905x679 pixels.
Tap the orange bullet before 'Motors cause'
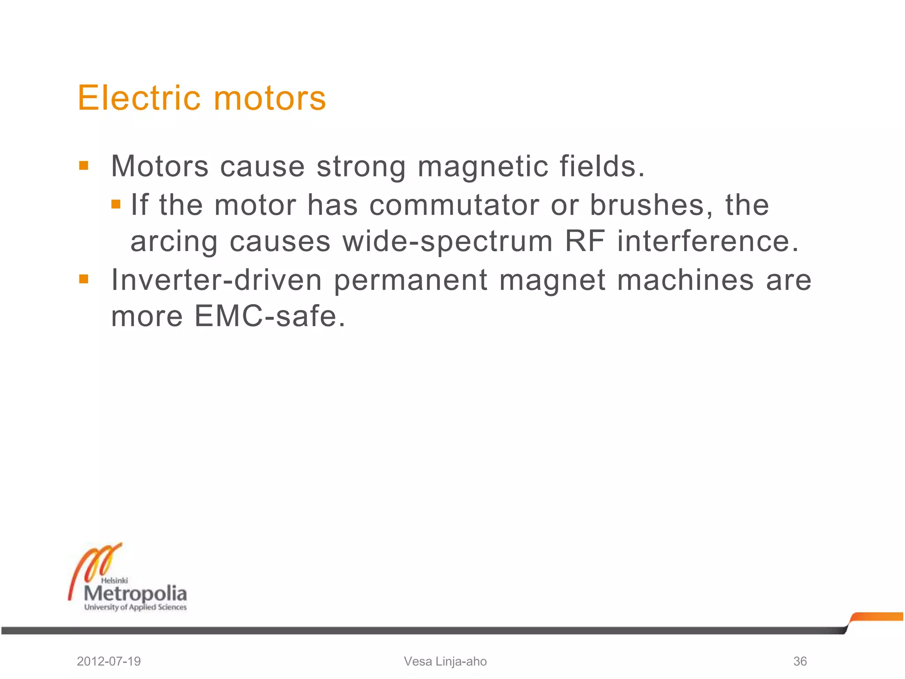(84, 166)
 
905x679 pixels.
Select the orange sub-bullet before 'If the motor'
(116, 204)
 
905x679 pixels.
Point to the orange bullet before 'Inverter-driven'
(84, 279)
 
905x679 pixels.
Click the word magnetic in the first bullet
(483, 167)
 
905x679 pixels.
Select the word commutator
(454, 205)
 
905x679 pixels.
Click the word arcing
(174, 242)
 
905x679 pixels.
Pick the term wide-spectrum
(448, 242)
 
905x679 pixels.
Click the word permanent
(411, 281)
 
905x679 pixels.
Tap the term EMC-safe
(270, 316)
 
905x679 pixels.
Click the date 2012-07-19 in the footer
(109, 661)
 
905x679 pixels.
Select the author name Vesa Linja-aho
(445, 661)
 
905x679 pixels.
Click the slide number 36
(800, 661)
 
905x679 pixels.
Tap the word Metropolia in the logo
(135, 593)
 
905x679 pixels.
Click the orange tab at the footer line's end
(877, 617)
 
